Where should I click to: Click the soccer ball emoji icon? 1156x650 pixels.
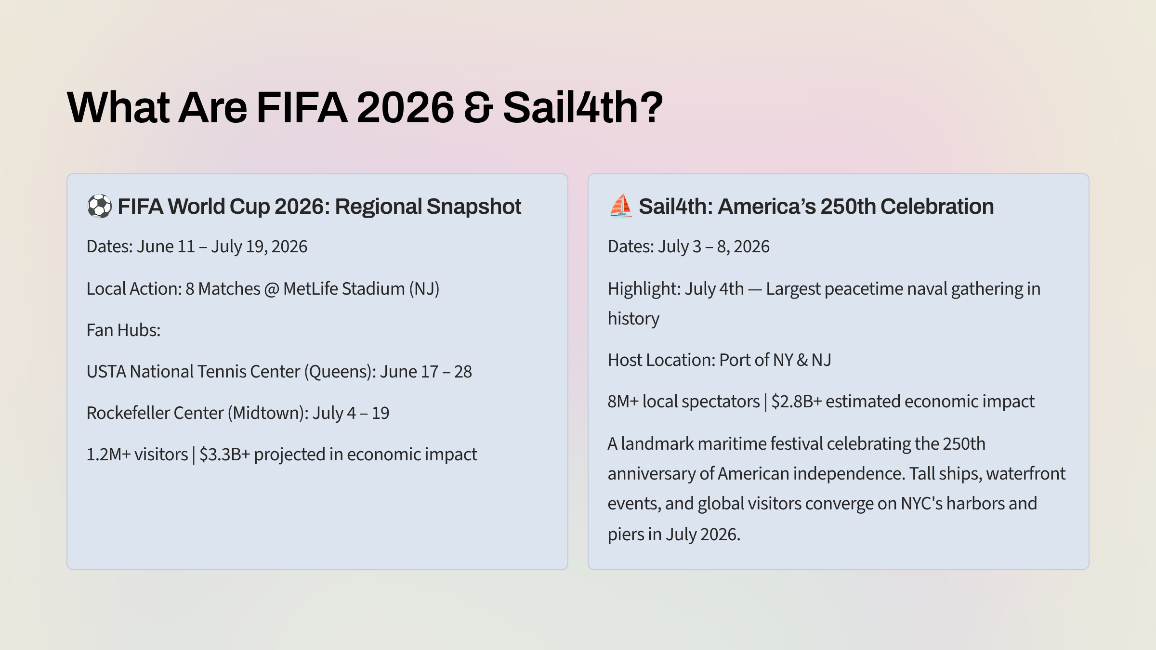point(99,207)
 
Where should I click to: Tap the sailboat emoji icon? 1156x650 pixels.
point(620,206)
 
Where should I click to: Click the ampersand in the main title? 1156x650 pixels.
point(478,107)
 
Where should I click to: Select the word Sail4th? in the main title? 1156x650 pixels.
point(583,107)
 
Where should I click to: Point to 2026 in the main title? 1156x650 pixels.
point(405,107)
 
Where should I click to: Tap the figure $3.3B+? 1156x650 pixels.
point(224,455)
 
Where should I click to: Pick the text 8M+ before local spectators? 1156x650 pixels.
point(623,402)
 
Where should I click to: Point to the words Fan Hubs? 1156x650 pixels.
point(123,330)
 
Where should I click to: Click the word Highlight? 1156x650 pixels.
point(644,289)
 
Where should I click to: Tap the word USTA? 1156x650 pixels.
point(106,372)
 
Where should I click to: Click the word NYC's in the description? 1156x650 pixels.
point(921,504)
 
